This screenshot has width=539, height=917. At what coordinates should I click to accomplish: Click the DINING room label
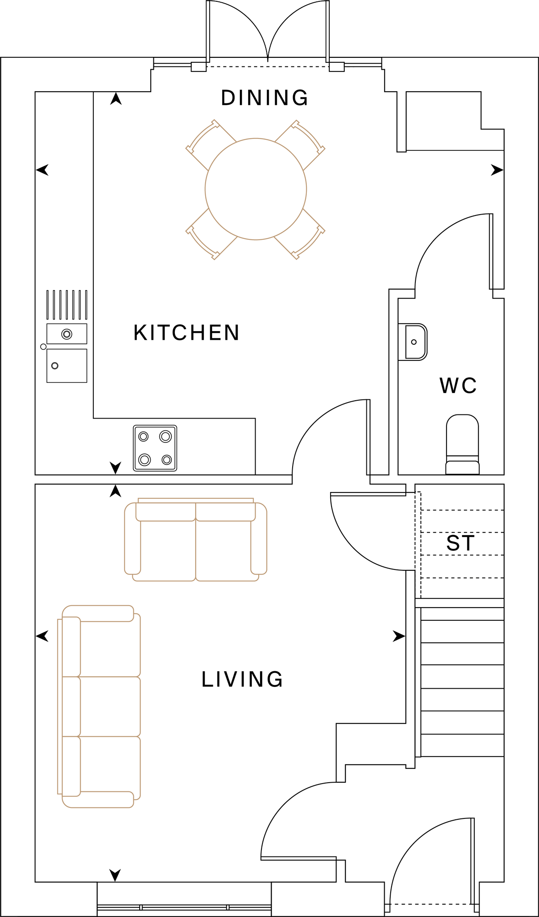[x=264, y=98]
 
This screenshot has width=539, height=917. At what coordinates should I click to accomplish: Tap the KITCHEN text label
[x=186, y=332]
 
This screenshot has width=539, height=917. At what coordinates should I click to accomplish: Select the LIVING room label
[x=242, y=679]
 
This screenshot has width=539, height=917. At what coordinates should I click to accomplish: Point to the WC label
[x=458, y=386]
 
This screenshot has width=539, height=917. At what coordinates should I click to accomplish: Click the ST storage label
[x=460, y=543]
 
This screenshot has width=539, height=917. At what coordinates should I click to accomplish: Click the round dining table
[x=256, y=189]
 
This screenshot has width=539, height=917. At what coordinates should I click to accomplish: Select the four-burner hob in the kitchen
[x=155, y=448]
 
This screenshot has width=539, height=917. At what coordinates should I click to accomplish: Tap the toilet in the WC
[x=463, y=445]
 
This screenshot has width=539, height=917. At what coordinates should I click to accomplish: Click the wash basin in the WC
[x=415, y=342]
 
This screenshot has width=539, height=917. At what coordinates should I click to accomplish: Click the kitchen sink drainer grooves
[x=67, y=304]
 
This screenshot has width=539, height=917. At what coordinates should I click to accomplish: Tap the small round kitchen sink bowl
[x=67, y=334]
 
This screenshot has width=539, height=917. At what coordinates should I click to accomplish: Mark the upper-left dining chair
[x=208, y=143]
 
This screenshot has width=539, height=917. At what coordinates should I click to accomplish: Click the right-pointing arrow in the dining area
[x=497, y=170]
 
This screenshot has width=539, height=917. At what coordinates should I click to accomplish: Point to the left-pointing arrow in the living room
[x=42, y=636]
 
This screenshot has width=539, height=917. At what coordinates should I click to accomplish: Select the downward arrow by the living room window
[x=115, y=875]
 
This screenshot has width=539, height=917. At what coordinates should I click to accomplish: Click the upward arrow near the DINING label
[x=116, y=99]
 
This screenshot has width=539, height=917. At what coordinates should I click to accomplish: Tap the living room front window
[x=184, y=907]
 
